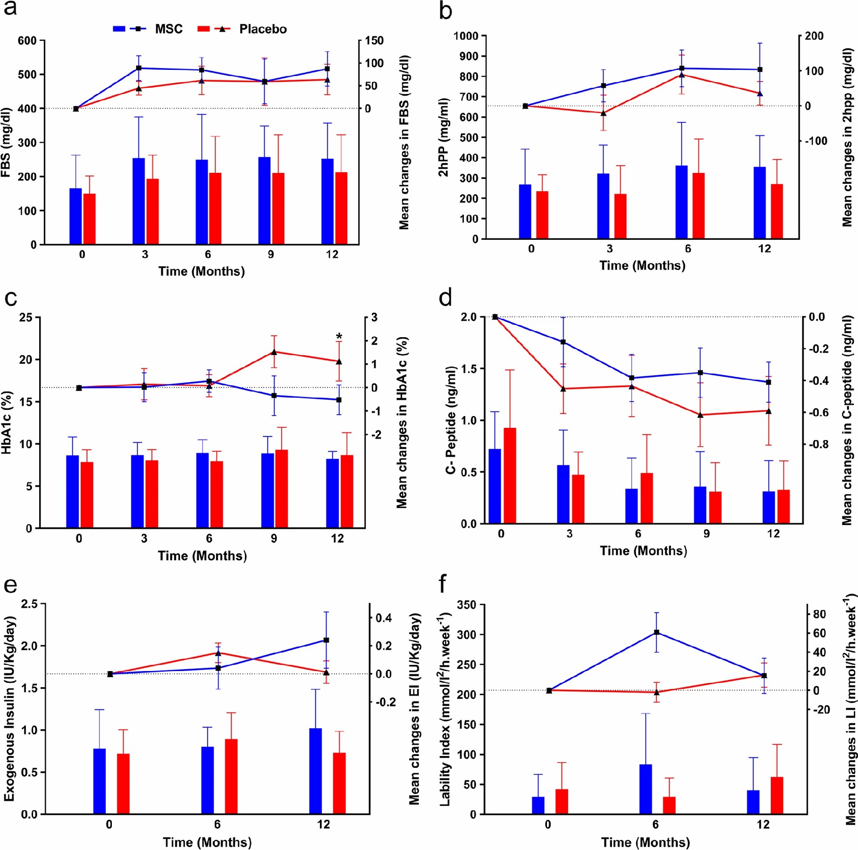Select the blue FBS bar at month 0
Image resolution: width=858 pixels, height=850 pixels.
point(76,216)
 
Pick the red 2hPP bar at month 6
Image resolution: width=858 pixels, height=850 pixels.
point(698,206)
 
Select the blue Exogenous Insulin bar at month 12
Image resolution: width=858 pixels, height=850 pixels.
point(315,771)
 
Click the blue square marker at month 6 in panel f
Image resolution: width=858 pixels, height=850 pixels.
point(656,632)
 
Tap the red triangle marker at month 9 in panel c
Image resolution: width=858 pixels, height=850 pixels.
point(274,352)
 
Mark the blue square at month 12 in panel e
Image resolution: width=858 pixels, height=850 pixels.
point(326,640)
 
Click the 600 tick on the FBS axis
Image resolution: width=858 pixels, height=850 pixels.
point(27,41)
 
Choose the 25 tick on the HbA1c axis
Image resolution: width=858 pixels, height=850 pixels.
point(26,317)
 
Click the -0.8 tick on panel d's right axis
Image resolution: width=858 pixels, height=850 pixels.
point(819,444)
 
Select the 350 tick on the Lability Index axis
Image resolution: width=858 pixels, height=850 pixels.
point(466,605)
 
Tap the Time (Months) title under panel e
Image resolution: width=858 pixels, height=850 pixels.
point(207,842)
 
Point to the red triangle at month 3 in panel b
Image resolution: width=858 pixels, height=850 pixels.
point(603,113)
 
